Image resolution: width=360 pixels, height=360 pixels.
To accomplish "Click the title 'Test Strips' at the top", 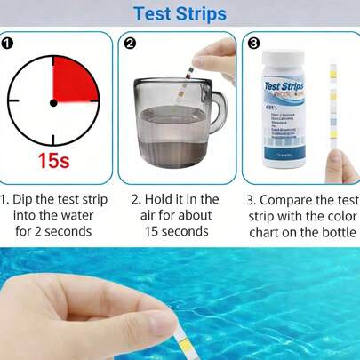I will pyautogui.click(x=180, y=13).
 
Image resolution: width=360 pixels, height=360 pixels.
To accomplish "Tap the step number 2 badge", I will pyautogui.click(x=130, y=42).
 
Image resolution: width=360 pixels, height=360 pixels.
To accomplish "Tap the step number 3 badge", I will pyautogui.click(x=253, y=42).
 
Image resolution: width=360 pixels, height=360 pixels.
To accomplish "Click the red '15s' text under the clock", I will pyautogui.click(x=53, y=162).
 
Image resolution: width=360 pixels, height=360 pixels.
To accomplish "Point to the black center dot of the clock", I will pyautogui.click(x=53, y=102).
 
